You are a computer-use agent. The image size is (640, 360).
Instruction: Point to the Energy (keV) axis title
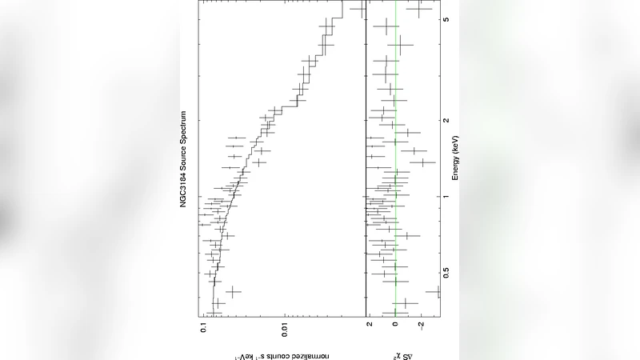pos(454,157)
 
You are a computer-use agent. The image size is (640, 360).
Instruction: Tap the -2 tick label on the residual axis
pos(421,326)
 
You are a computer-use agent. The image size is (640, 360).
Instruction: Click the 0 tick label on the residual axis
pos(395,326)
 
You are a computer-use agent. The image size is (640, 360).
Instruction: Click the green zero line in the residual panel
pos(395,240)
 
